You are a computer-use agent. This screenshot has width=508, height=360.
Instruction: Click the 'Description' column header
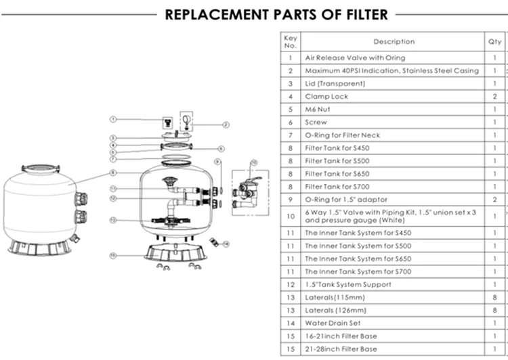pos(394,42)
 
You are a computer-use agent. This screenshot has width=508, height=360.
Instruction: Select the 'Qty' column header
pos(495,42)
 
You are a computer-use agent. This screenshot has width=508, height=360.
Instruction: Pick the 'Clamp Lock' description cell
pos(326,97)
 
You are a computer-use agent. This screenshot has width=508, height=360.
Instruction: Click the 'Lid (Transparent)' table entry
pos(335,84)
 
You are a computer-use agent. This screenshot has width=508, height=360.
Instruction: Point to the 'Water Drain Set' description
pos(334,323)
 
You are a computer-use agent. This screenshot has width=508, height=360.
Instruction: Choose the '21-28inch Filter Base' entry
pos(341,349)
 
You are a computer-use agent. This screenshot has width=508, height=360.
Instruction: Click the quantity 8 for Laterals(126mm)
pos(495,310)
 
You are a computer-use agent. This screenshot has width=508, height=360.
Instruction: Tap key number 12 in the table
pos(290,284)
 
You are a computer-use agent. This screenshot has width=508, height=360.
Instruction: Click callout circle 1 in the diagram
pos(114,119)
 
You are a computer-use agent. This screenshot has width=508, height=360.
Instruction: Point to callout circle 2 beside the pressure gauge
pos(226,125)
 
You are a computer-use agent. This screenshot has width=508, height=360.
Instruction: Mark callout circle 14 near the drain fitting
pos(226,243)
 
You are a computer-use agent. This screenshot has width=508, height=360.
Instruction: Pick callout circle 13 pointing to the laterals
pos(114,220)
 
